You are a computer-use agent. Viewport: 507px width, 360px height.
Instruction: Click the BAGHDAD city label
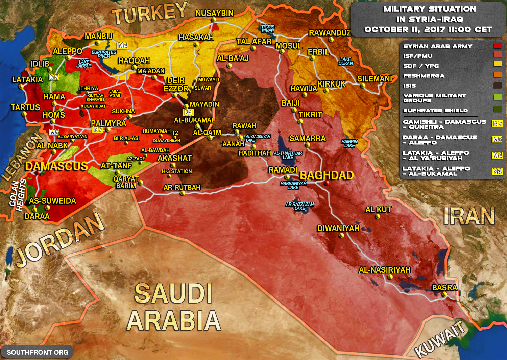pyautogui.click(x=327, y=175)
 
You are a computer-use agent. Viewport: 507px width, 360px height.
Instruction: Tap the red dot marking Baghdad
pyautogui.click(x=327, y=183)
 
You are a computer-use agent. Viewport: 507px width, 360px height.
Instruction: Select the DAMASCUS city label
pyautogui.click(x=56, y=166)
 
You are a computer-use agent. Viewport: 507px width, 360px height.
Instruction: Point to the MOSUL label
pyautogui.click(x=289, y=46)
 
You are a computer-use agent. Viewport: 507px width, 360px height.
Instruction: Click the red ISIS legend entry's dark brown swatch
pyautogui.click(x=498, y=86)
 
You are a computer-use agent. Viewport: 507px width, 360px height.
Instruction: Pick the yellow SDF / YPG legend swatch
pyautogui.click(x=498, y=64)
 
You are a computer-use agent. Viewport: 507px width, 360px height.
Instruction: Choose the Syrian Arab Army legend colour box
pyautogui.click(x=498, y=46)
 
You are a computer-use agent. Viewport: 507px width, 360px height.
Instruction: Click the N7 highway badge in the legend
pyautogui.click(x=497, y=124)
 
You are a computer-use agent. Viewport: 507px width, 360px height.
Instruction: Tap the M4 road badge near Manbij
pyautogui.click(x=122, y=45)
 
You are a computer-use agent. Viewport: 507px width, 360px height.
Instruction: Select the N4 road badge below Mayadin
pyautogui.click(x=188, y=113)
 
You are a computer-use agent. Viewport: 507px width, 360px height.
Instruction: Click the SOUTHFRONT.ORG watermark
pyautogui.click(x=38, y=352)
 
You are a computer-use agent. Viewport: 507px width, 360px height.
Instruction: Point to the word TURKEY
pyautogui.click(x=150, y=14)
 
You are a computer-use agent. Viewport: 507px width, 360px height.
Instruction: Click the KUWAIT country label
pyautogui.click(x=439, y=339)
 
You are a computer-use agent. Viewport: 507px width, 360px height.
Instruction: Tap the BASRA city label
pyautogui.click(x=444, y=288)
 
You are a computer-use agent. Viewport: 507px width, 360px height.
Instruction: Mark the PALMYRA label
pyautogui.click(x=108, y=123)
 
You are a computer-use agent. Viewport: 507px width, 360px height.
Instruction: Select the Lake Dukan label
pyautogui.click(x=345, y=61)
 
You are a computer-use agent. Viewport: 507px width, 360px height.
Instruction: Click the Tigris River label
pyautogui.click(x=268, y=29)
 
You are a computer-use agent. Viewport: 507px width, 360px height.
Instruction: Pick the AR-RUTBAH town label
pyautogui.click(x=182, y=187)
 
